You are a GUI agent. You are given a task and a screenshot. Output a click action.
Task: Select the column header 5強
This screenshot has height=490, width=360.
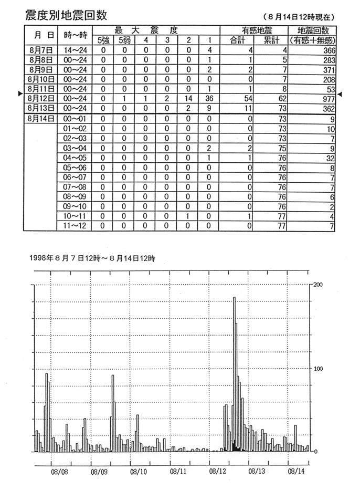[x=104, y=40]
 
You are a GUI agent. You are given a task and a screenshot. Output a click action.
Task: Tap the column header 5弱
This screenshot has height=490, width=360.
[x=125, y=40]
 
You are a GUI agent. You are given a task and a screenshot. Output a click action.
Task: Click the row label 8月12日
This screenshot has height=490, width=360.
[x=40, y=98]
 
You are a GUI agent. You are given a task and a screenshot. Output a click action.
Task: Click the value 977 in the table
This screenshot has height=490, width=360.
[x=327, y=98]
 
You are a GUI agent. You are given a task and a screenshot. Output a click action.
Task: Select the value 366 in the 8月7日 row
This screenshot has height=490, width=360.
[x=327, y=50]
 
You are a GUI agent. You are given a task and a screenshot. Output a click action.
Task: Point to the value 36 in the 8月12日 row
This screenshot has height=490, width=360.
[x=208, y=98]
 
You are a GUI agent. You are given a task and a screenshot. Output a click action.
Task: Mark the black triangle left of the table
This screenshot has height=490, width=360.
[x=20, y=94]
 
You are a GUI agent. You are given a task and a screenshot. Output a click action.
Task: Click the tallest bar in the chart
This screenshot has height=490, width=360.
[x=234, y=368]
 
